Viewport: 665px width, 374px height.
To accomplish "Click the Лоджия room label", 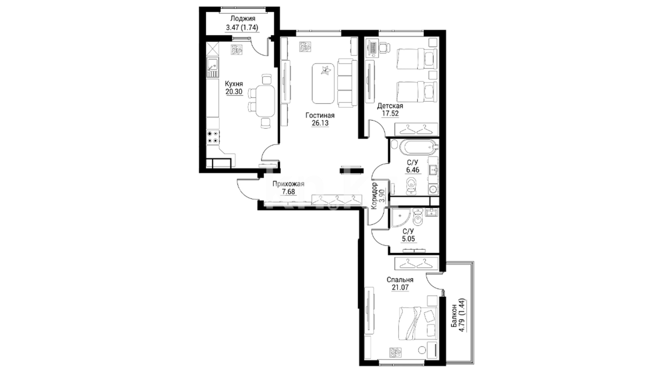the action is [x=242, y=19].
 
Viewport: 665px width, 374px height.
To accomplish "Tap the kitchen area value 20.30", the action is [x=234, y=92].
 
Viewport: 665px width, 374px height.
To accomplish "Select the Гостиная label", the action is [x=320, y=115].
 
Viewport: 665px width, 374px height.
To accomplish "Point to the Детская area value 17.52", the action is [x=390, y=114].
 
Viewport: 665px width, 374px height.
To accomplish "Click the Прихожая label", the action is [x=288, y=184].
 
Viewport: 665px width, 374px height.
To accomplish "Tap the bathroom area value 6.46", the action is [x=413, y=170].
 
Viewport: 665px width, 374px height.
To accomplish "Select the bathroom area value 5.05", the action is [x=408, y=239].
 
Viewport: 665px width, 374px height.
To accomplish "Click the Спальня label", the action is [x=400, y=279].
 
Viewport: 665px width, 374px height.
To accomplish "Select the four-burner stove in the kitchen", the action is [x=213, y=137].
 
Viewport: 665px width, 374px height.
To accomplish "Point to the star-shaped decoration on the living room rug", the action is [x=326, y=70].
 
